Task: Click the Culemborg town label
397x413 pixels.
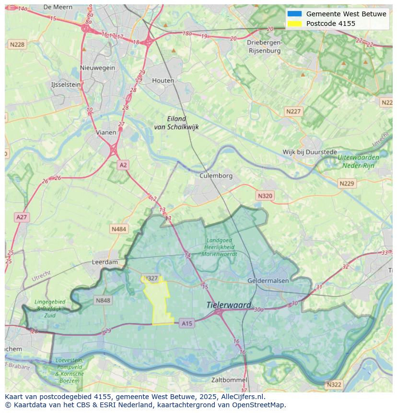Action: (x=216, y=176)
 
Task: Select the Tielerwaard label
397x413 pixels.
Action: (x=229, y=305)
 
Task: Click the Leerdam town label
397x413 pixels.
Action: (x=105, y=262)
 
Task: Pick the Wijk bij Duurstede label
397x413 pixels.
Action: (x=309, y=152)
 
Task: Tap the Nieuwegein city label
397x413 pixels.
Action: (x=98, y=68)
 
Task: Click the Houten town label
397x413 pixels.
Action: (x=163, y=81)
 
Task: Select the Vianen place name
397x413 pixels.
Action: (x=106, y=132)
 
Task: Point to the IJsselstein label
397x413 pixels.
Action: (x=66, y=84)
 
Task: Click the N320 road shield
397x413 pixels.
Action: (x=265, y=196)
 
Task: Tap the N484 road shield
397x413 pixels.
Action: (x=119, y=229)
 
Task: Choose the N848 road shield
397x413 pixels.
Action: (x=103, y=301)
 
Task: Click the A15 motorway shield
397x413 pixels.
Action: (x=187, y=324)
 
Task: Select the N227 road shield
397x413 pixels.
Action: (x=293, y=111)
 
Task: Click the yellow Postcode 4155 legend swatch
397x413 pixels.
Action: (x=294, y=24)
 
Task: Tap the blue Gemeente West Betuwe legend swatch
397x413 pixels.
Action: (x=294, y=14)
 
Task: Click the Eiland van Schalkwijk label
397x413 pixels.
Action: (x=176, y=123)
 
